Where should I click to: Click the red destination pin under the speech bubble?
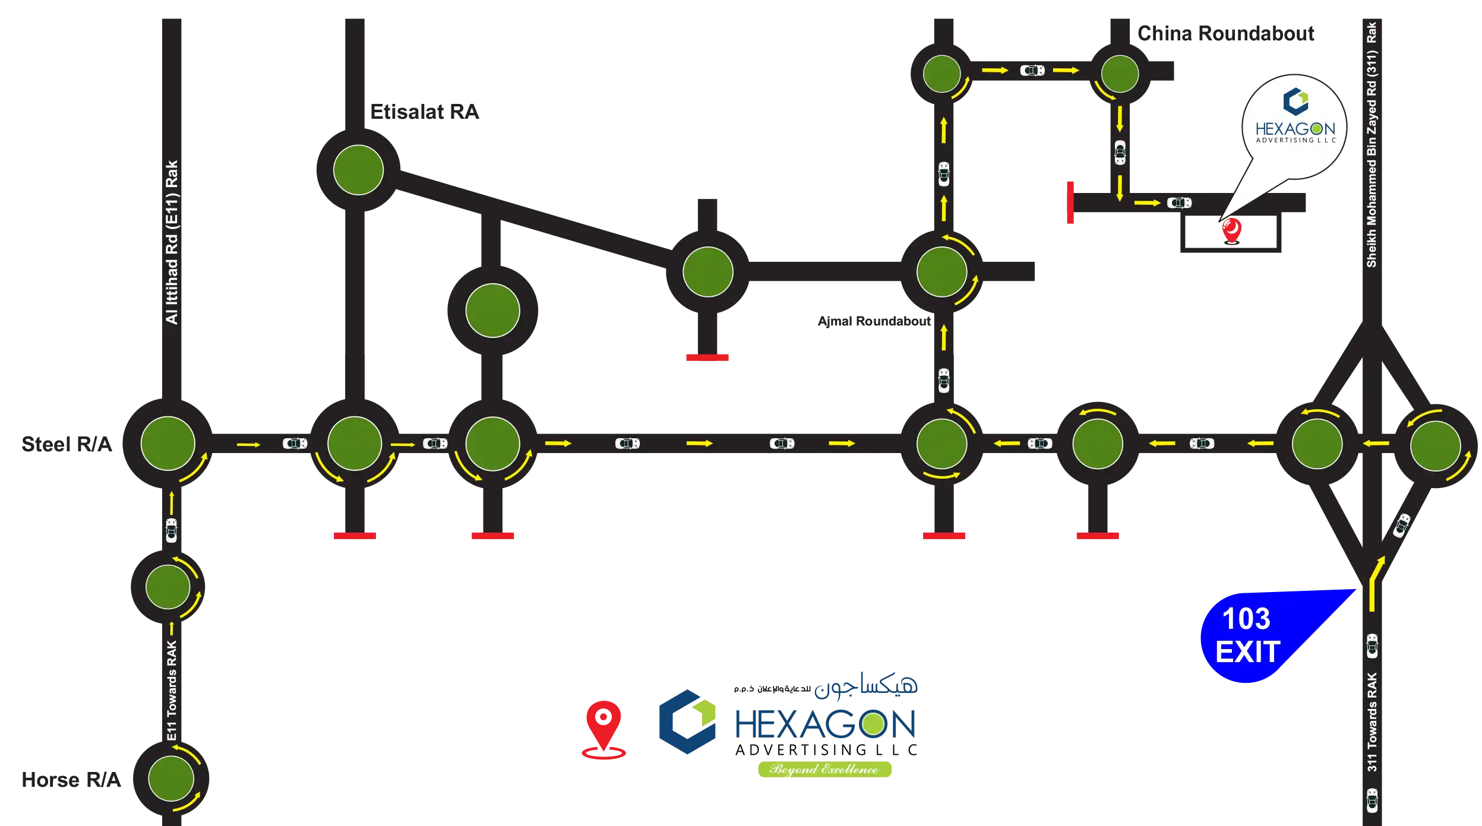tap(1231, 230)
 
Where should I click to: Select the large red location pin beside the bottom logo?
tap(603, 728)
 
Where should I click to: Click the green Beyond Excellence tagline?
tap(824, 769)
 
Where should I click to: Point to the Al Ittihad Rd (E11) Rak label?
tap(172, 242)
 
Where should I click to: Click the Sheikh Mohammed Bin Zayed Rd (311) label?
tap(1372, 145)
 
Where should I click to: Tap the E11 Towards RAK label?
tap(172, 690)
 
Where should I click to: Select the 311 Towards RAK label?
tap(1372, 722)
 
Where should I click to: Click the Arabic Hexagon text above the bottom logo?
tap(867, 685)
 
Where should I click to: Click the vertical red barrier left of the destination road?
tap(1069, 204)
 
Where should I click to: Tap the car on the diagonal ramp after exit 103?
tap(1402, 525)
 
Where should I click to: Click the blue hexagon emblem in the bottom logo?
tap(687, 721)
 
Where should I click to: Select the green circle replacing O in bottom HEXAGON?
tap(874, 724)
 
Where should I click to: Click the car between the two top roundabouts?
tap(1032, 71)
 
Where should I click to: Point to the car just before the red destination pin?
tap(1179, 203)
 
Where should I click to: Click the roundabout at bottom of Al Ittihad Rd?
tap(168, 443)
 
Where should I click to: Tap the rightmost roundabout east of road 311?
tap(1435, 445)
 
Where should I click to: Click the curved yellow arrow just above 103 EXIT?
tap(1375, 582)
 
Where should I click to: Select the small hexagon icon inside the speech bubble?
tap(1295, 101)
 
